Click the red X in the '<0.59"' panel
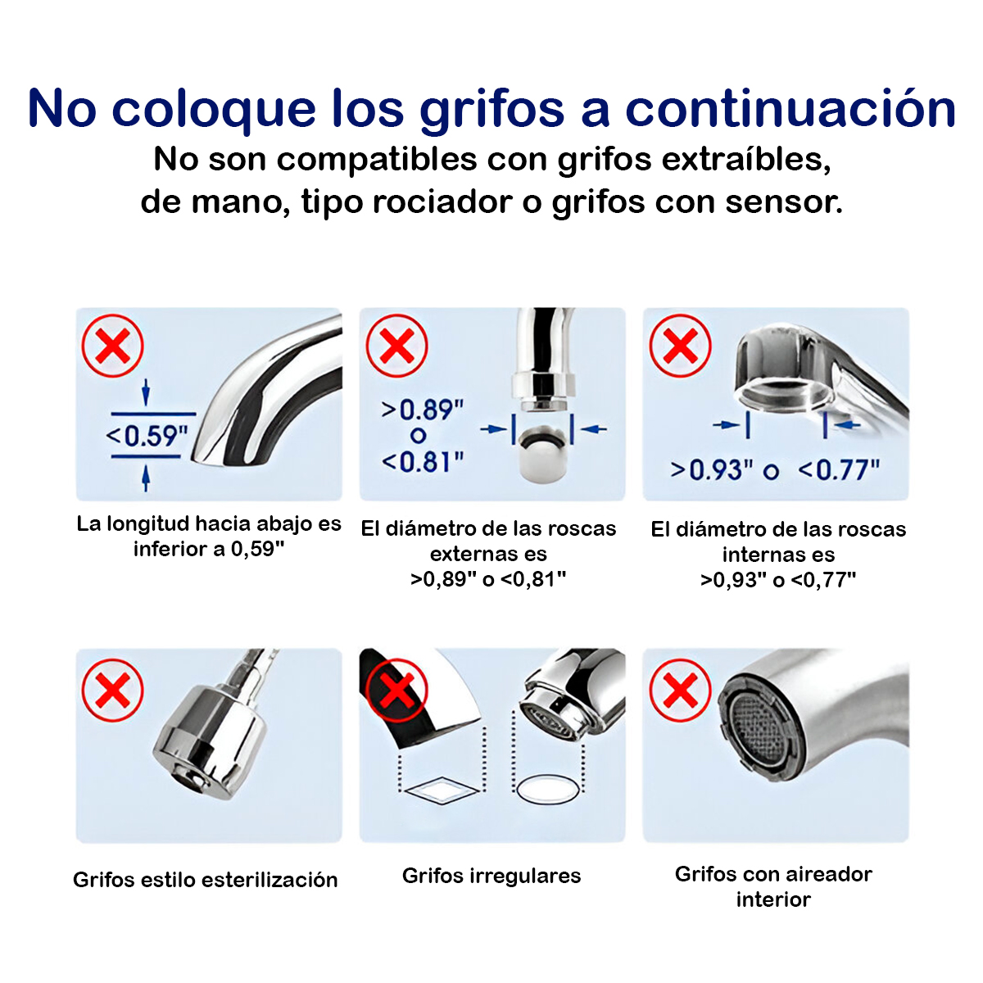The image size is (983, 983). (113, 346)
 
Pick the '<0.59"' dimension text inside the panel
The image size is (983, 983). (147, 436)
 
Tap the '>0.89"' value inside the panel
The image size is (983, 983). (423, 409)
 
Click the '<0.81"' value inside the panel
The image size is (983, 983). (423, 462)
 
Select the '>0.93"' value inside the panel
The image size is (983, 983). (712, 470)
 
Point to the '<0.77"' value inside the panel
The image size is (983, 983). (839, 470)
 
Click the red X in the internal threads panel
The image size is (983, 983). (680, 346)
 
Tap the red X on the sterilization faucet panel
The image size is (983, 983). (113, 690)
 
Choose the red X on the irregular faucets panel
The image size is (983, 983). (397, 690)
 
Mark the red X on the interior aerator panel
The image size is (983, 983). (680, 690)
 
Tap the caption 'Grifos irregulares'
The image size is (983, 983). (491, 876)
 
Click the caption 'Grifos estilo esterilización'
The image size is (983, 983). (206, 880)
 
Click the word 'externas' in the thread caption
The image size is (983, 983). (488, 555)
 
